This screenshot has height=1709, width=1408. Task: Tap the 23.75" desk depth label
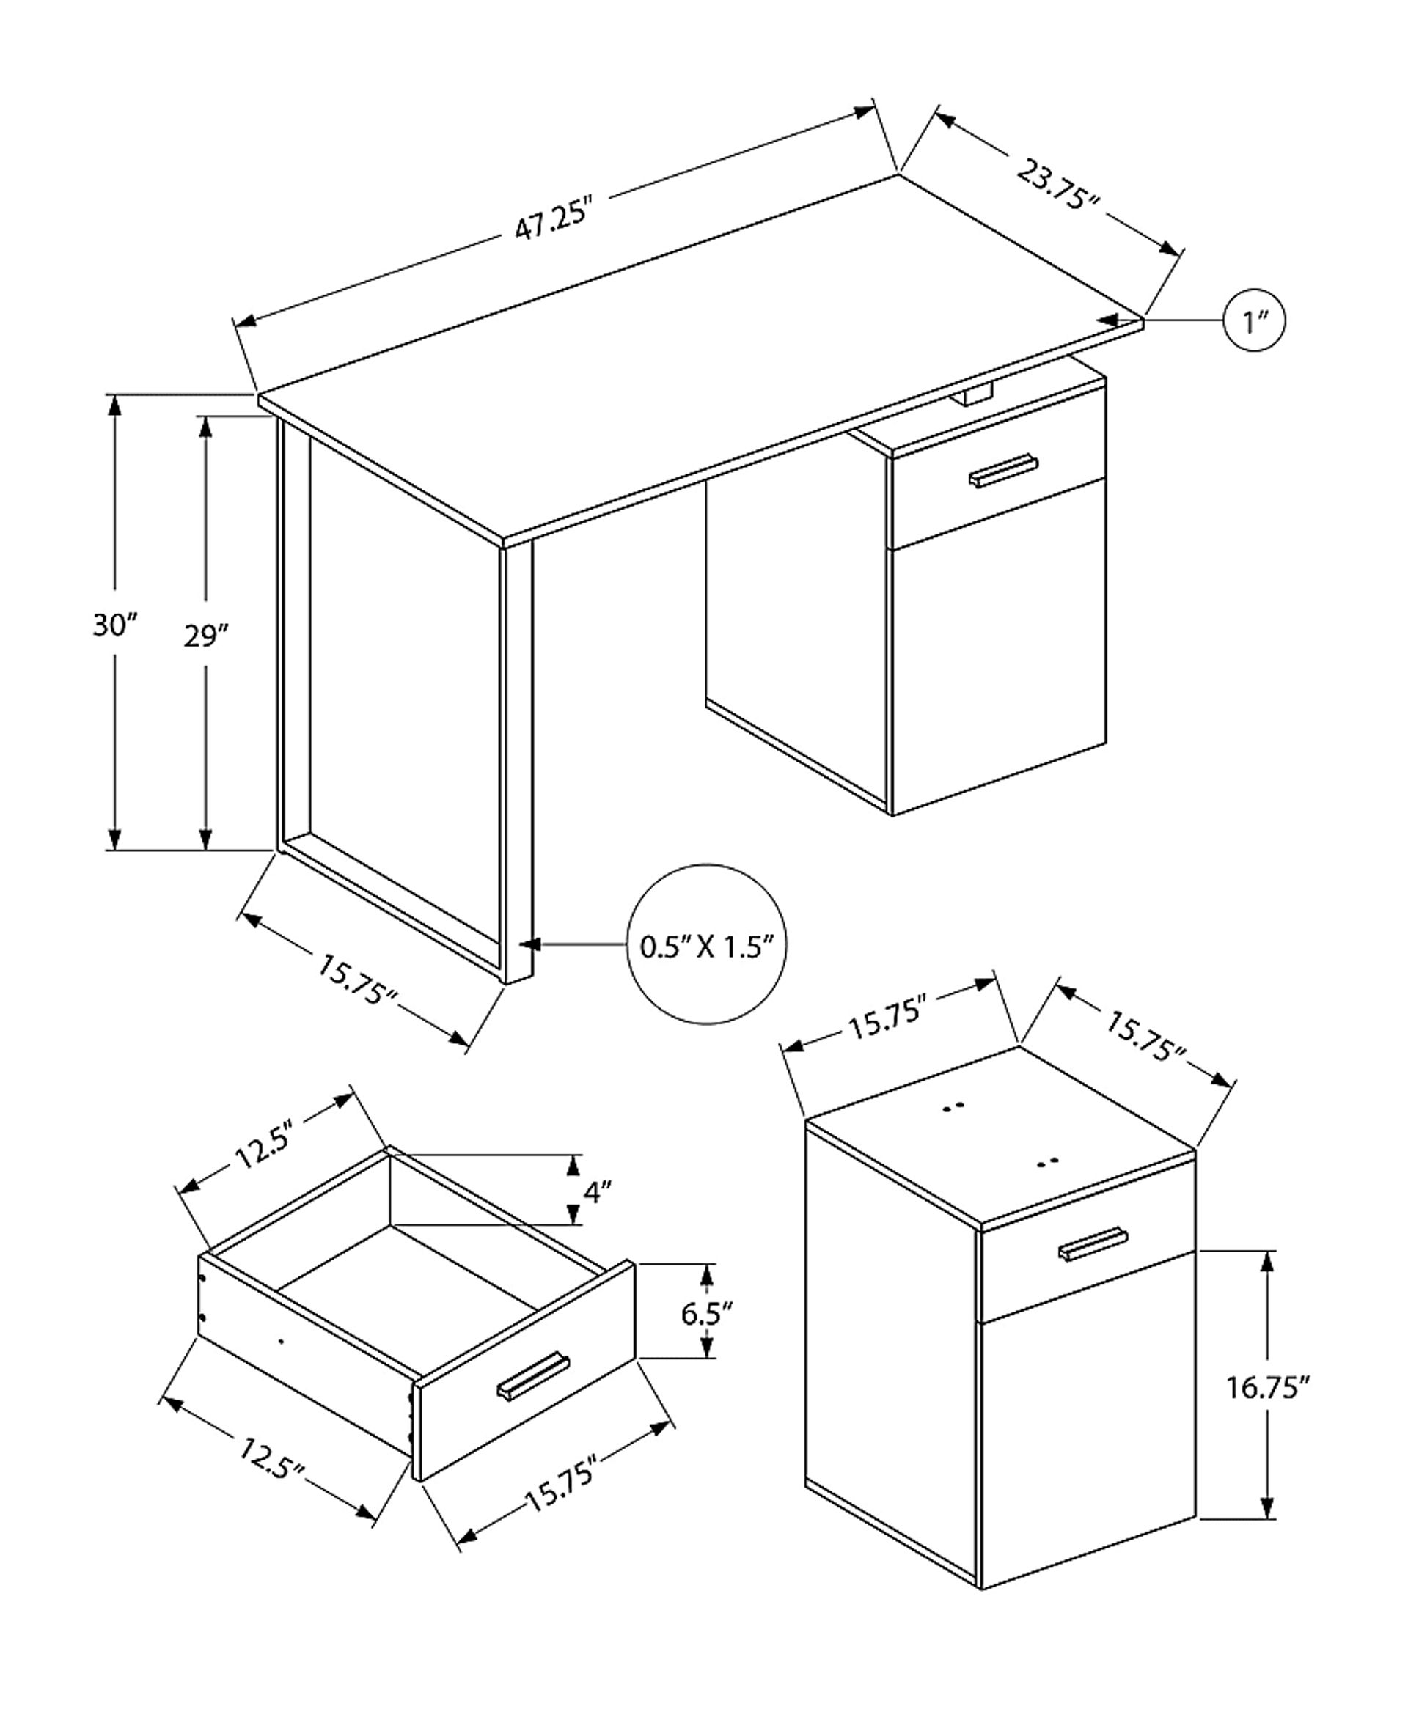[x=1057, y=185]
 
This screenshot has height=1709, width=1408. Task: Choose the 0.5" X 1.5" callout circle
[x=706, y=944]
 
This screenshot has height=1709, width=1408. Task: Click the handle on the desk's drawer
[x=1003, y=471]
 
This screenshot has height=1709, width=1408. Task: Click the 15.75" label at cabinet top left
[x=887, y=1018]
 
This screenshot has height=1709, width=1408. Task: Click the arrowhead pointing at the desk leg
[x=529, y=944]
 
